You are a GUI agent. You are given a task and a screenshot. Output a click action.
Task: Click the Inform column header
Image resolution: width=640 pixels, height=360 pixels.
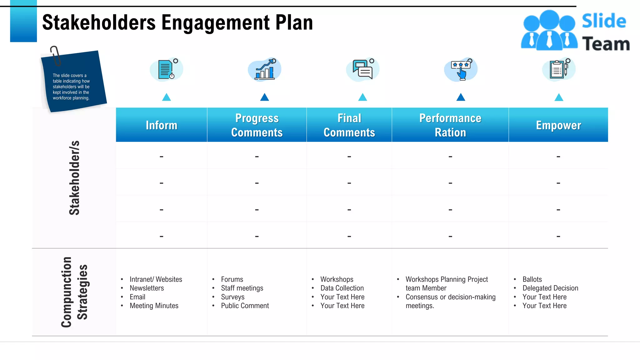tap(161, 125)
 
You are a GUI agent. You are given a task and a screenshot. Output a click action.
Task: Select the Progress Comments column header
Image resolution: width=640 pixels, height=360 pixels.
tap(257, 125)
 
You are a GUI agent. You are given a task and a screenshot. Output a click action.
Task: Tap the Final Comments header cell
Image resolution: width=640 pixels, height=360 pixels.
tap(349, 125)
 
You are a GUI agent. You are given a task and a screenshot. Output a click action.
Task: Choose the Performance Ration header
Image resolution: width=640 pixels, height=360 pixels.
tap(450, 125)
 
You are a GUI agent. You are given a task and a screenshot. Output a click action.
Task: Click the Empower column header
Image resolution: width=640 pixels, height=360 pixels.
tap(558, 125)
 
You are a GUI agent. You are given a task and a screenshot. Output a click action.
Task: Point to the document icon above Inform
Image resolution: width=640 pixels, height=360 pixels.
tap(166, 69)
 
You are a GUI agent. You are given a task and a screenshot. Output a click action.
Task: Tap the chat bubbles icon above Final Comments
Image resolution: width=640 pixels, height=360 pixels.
tap(362, 70)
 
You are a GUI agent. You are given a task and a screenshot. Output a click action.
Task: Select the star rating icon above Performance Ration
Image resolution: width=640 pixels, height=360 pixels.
tap(461, 69)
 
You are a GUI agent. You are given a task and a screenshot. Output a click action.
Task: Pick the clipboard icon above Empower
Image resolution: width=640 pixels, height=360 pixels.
tap(558, 69)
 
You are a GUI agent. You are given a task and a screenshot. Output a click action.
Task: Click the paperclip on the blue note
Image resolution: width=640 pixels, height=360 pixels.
tap(55, 56)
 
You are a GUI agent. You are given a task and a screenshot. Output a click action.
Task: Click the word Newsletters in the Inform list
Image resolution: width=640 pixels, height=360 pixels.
tap(147, 288)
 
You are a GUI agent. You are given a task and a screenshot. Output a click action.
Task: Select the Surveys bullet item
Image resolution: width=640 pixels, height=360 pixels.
tap(232, 297)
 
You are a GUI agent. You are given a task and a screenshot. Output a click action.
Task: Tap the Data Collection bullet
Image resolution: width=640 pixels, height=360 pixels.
tap(342, 288)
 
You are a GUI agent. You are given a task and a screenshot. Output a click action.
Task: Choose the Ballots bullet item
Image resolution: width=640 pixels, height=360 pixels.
tap(532, 279)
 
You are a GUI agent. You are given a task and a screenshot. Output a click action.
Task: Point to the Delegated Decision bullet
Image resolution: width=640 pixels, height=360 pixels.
tap(550, 288)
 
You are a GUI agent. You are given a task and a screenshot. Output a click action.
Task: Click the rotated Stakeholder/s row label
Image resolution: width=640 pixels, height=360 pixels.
tap(74, 178)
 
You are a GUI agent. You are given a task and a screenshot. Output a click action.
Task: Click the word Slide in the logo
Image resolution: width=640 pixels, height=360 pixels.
tap(604, 21)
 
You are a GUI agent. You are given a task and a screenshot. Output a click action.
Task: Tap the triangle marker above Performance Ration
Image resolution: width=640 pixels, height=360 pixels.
tap(461, 97)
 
